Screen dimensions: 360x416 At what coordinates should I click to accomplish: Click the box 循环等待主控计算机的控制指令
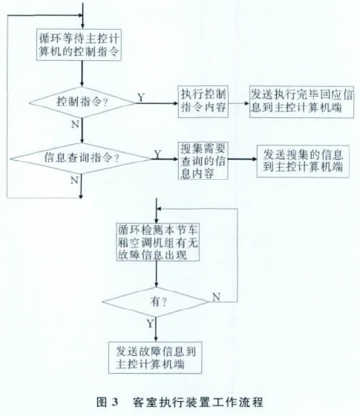[x=79, y=45]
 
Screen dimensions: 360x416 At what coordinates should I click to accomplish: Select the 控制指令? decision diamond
[x=82, y=103]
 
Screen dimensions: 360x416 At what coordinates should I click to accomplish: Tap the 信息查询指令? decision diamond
[x=81, y=159]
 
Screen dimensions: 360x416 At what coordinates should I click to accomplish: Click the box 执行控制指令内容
[x=203, y=101]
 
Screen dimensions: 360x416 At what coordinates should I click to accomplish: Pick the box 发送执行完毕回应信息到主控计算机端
[x=301, y=102]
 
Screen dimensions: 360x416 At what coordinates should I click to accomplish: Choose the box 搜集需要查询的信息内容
[x=203, y=160]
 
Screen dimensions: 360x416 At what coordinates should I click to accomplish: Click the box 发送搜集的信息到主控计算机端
[x=303, y=161]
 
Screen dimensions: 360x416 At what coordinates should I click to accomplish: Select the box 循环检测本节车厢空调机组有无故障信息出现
[x=157, y=242]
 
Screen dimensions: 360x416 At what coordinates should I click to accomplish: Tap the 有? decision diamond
[x=156, y=302]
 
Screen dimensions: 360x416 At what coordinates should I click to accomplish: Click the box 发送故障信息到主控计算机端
[x=155, y=357]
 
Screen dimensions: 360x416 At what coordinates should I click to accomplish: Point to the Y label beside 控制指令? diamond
[x=141, y=97]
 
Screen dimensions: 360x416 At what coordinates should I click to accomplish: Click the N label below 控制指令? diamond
[x=75, y=124]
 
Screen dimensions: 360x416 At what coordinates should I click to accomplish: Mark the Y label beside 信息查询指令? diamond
[x=157, y=154]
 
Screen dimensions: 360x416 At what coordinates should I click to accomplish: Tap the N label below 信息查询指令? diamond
[x=74, y=181]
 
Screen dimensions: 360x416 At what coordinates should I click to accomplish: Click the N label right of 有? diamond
[x=217, y=297]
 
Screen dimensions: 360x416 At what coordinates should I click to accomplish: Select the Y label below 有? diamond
[x=150, y=323]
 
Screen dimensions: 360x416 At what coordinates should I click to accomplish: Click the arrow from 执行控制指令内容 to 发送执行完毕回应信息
[x=239, y=103]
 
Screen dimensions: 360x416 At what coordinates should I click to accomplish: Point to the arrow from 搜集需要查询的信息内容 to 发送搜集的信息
[x=242, y=159]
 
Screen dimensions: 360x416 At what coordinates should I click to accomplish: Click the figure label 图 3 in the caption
[x=107, y=402]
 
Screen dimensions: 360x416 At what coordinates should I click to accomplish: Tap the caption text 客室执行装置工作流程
[x=198, y=402]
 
